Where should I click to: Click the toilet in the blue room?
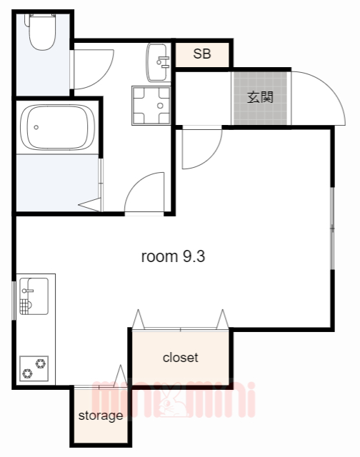click(x=42, y=31)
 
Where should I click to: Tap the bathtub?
click(x=58, y=127)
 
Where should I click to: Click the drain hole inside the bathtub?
click(x=36, y=127)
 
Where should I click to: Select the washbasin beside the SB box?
click(x=158, y=62)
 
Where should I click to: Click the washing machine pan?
click(x=151, y=106)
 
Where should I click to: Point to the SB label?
click(x=202, y=54)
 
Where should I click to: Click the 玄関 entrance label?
click(x=260, y=97)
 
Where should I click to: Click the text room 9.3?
click(x=173, y=256)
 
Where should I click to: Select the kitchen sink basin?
click(x=34, y=296)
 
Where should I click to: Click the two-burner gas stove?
click(x=34, y=368)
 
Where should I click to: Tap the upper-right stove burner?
click(x=40, y=363)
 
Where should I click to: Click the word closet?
click(x=181, y=358)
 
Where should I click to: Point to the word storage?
click(x=101, y=416)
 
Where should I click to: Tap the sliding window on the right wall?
click(x=332, y=228)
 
